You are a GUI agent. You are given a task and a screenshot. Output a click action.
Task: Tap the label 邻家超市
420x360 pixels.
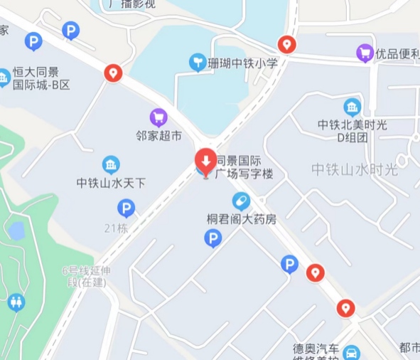(159, 135)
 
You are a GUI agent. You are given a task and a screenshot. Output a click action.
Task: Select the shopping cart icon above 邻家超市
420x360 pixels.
(158, 117)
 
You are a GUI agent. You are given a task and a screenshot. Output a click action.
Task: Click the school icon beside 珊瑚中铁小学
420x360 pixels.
(198, 63)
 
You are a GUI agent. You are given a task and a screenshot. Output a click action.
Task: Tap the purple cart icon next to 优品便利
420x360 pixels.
(365, 53)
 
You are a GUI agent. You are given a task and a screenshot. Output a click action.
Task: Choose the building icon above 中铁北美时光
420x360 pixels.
(352, 107)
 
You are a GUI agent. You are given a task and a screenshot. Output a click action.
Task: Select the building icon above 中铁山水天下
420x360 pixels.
(111, 165)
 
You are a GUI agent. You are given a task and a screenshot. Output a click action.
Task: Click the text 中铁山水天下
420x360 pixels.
(111, 183)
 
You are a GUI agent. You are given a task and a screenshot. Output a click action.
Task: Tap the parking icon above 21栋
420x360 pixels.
(126, 208)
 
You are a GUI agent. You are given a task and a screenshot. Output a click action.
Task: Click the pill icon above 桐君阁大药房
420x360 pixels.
(241, 201)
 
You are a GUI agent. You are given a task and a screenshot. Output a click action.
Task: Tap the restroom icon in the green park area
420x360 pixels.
(16, 302)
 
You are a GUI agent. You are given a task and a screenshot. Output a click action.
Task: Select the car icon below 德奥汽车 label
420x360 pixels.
(351, 353)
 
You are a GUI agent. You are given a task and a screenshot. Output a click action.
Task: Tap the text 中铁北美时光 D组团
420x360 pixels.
(352, 130)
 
